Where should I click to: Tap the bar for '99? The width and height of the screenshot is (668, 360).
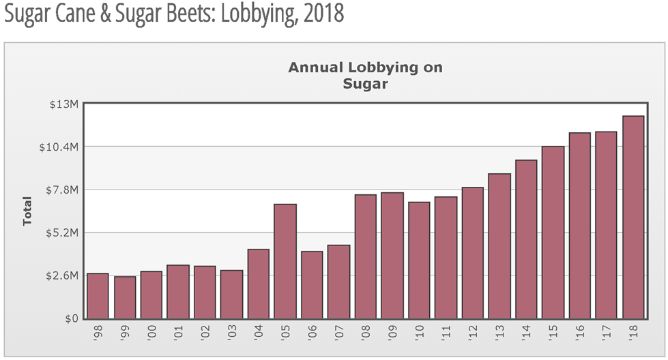(125, 297)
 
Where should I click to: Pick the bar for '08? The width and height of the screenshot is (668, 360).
(366, 256)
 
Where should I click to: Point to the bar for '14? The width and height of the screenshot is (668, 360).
(526, 239)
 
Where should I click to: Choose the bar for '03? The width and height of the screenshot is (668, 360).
(232, 295)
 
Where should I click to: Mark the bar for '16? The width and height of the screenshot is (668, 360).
(580, 226)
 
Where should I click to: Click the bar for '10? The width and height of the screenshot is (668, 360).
(419, 260)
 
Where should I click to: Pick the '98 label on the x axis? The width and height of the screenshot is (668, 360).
(98, 334)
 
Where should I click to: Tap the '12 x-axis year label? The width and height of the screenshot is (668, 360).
(473, 334)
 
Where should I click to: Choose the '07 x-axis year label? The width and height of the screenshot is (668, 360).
(339, 334)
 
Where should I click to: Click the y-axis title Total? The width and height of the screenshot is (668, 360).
(28, 211)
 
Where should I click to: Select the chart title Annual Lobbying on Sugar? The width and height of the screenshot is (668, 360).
(365, 76)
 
